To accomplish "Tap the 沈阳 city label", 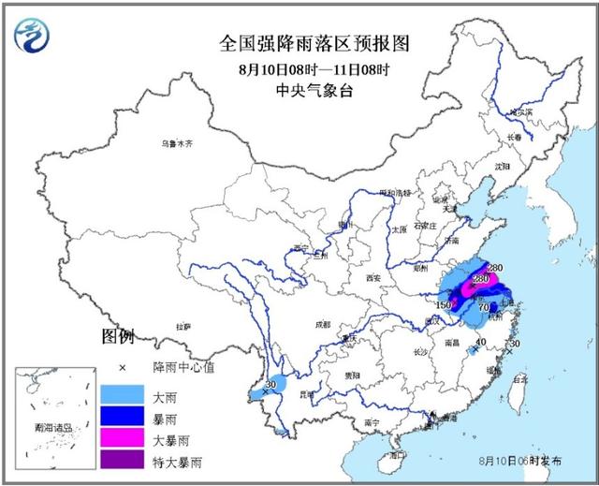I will (504, 166).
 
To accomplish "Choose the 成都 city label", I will (322, 324).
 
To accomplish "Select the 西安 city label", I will (374, 278).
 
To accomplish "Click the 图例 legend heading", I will (119, 336).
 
